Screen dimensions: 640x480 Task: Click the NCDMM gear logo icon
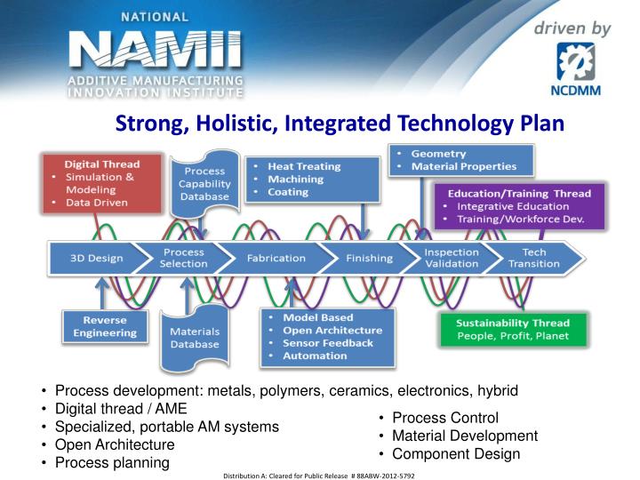tap(575, 61)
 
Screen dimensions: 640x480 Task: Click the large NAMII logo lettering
tap(156, 50)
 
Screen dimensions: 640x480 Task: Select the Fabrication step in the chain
tap(276, 259)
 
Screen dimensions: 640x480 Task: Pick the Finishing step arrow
tap(370, 259)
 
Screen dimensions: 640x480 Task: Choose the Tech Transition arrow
tap(534, 259)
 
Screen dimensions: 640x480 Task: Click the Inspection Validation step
tap(452, 259)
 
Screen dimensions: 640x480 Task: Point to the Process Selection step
tap(184, 259)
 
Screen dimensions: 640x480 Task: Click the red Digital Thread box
tap(102, 183)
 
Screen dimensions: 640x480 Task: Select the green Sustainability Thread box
tap(514, 330)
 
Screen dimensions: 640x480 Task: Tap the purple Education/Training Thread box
tap(519, 206)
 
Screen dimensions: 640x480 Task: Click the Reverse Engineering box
tap(105, 326)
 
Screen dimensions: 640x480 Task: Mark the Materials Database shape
tap(195, 338)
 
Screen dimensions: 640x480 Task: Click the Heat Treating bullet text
tap(304, 166)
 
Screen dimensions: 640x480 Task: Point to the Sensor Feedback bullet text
tap(328, 343)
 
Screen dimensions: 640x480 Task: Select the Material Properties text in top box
tap(464, 166)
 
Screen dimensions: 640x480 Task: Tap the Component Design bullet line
tap(456, 454)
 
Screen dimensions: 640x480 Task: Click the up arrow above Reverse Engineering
tap(102, 293)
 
